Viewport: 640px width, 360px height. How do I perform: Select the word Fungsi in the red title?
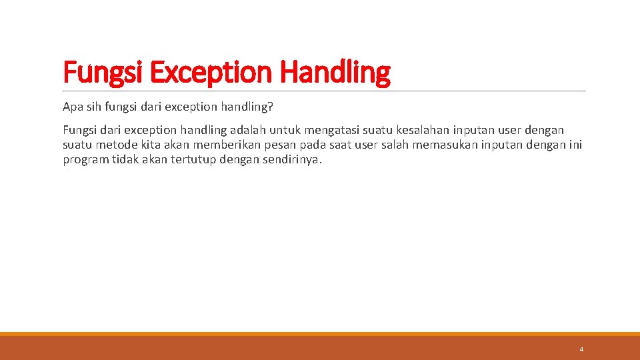103,72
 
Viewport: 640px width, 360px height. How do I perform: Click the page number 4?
581,349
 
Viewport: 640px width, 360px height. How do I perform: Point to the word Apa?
72,107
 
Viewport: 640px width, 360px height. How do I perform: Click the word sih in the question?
93,107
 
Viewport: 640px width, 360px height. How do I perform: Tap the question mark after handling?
270,107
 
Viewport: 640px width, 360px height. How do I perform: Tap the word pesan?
283,145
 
